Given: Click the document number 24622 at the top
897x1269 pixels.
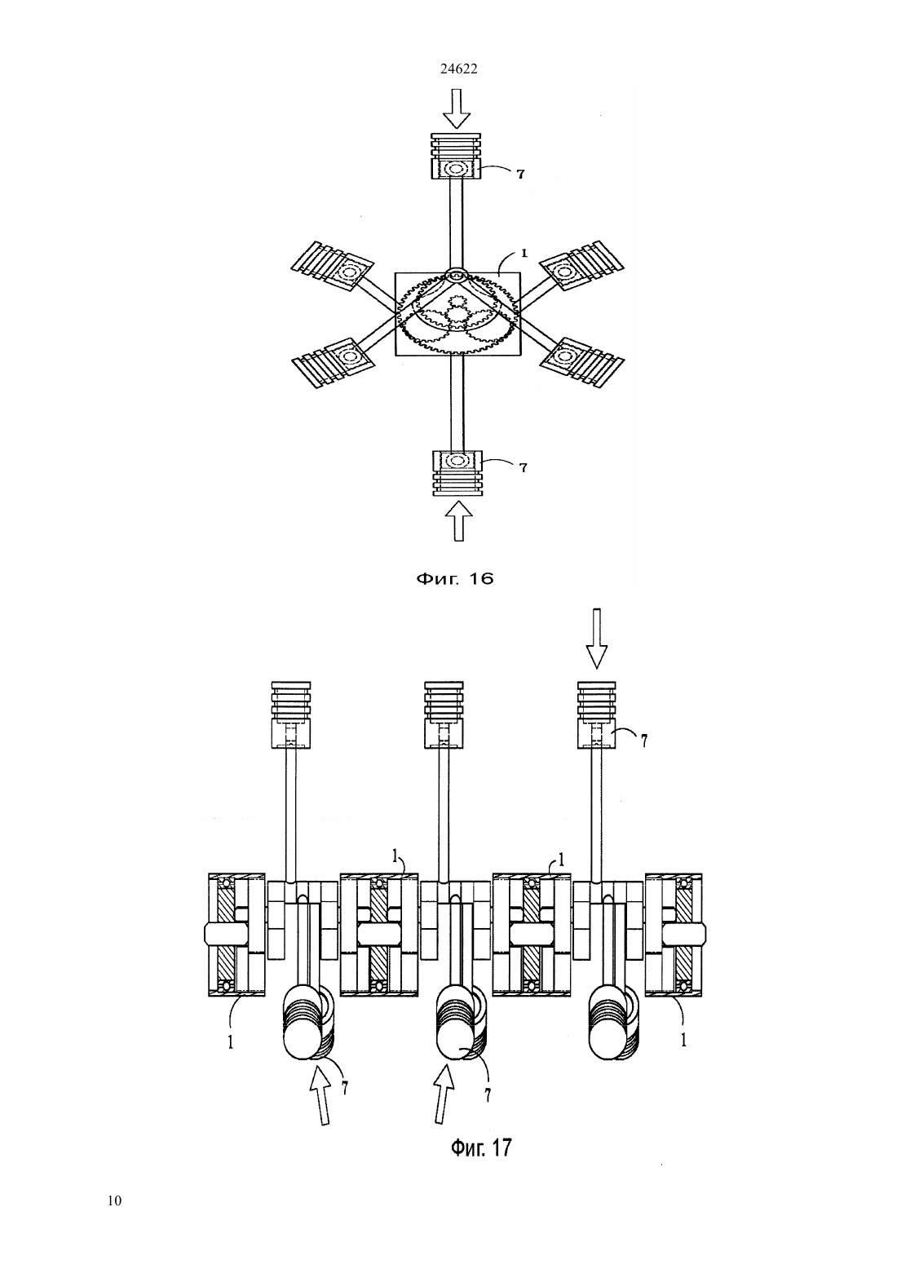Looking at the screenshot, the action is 458,69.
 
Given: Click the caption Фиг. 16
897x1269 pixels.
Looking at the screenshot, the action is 455,578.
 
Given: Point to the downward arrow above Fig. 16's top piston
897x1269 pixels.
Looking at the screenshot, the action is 457,109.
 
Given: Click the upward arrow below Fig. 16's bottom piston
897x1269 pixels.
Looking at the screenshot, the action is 458,522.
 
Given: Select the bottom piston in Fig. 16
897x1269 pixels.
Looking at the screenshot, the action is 457,473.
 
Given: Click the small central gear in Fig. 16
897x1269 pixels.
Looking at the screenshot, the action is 457,315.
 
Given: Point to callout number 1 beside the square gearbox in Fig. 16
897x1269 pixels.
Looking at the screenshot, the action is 524,254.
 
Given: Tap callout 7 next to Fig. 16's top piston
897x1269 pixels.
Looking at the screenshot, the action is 520,174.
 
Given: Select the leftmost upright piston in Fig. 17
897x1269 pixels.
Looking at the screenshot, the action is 291,715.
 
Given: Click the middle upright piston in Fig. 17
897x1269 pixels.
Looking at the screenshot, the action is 444,715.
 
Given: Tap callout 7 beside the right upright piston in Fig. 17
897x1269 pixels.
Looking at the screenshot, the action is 644,740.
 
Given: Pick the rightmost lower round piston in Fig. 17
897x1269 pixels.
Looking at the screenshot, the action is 613,1023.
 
